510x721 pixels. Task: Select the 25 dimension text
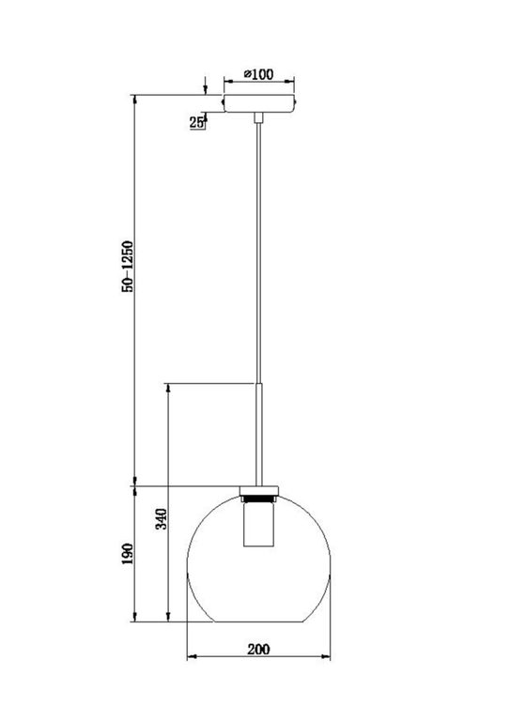[x=197, y=123]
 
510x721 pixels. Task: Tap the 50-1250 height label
[x=128, y=267]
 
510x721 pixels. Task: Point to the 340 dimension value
[x=160, y=519]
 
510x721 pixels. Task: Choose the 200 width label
[x=259, y=649]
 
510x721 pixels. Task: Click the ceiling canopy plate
[x=259, y=101]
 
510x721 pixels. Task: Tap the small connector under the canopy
[x=259, y=116]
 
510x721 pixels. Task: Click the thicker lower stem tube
[x=259, y=432]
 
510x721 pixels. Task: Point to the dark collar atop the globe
[x=259, y=492]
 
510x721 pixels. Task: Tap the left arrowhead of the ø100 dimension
[x=224, y=82]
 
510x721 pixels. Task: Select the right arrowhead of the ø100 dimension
[x=292, y=82]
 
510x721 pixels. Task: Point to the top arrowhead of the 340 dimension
[x=167, y=388]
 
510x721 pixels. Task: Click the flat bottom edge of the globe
[x=259, y=621]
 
